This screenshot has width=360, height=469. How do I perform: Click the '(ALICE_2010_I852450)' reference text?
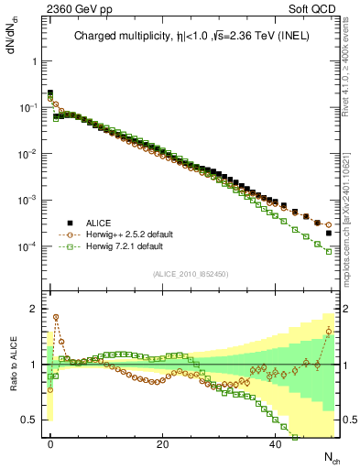coord(189,273)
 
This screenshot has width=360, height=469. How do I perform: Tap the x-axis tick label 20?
coord(162,443)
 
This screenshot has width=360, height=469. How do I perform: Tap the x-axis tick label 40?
coord(274,443)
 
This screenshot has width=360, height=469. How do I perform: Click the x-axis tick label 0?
coord(50,443)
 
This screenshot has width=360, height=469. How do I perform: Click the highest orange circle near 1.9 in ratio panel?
coord(56,317)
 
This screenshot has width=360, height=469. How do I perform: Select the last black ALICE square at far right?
coord(329,233)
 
